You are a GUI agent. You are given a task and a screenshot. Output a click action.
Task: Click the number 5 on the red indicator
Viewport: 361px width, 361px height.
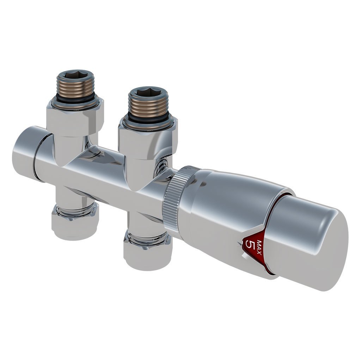pos(250,244)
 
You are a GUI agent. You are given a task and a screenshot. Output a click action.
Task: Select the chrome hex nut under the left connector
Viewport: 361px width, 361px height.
pos(75,118)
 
